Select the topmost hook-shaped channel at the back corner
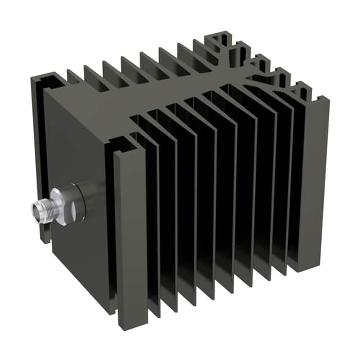pyautogui.click(x=222, y=39)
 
